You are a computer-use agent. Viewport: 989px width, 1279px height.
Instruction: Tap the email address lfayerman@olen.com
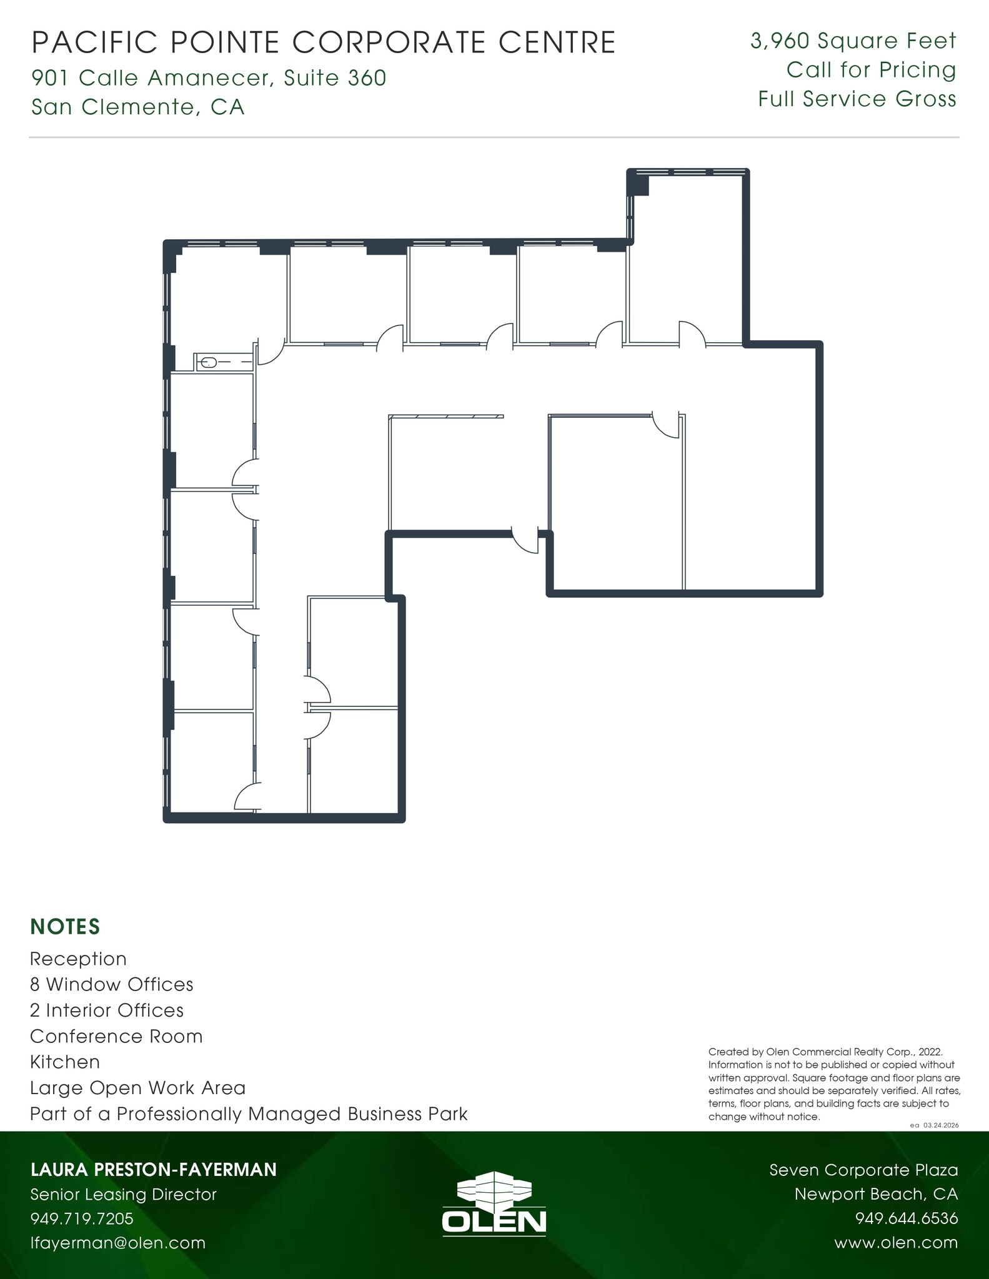pos(118,1243)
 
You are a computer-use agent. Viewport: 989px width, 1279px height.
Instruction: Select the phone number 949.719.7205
pos(82,1218)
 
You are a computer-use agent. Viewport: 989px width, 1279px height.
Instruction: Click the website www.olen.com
pos(895,1243)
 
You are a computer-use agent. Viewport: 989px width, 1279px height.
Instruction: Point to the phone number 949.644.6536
pos(906,1218)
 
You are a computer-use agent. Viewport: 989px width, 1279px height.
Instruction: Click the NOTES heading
pos(65,927)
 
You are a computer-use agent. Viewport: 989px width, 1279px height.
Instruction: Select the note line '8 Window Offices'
pos(111,985)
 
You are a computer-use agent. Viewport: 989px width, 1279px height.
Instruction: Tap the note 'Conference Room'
pos(116,1037)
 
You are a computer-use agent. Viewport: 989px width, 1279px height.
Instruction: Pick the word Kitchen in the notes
pos(65,1062)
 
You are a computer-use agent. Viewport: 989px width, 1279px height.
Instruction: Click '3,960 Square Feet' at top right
pos(853,41)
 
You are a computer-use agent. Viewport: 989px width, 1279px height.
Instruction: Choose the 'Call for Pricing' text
pos(871,70)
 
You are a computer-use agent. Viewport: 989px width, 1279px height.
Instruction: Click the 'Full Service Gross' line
pos(857,99)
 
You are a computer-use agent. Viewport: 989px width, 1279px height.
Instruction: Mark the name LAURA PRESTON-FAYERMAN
pos(153,1170)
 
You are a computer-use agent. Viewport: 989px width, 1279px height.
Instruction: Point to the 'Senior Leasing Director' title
pos(123,1194)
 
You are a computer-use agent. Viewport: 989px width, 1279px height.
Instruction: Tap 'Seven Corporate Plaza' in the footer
pos(863,1170)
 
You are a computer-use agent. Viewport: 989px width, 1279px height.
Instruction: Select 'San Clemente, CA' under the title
pos(137,107)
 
